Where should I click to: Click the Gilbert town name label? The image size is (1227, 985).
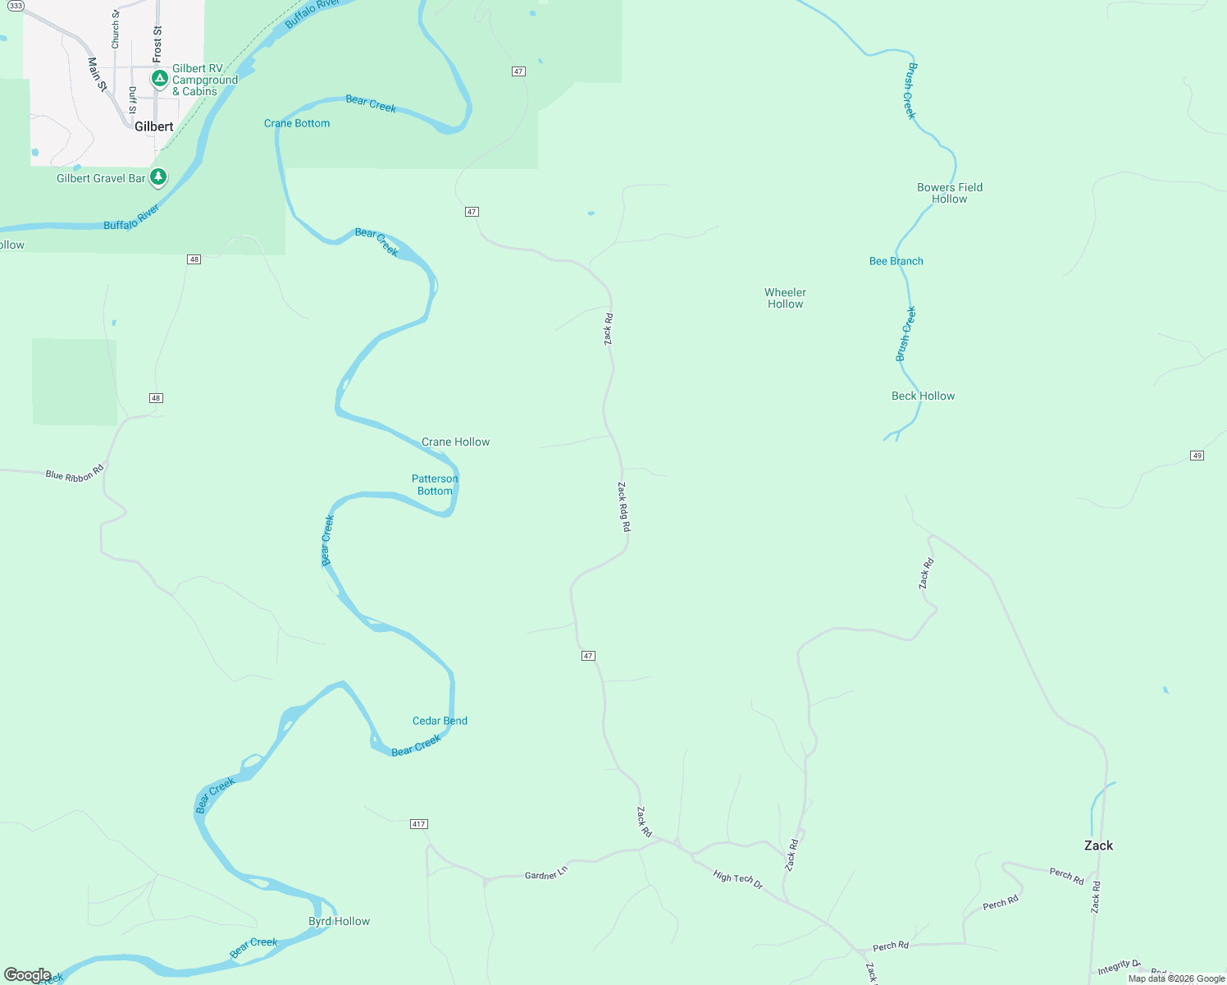(154, 126)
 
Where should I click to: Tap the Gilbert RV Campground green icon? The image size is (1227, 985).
(159, 79)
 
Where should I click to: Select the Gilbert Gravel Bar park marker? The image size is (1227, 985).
(158, 177)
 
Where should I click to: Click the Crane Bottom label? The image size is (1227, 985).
(297, 123)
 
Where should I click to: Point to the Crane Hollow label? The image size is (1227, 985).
(455, 442)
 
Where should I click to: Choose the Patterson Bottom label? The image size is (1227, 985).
(435, 485)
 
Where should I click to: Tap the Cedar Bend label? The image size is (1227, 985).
(440, 721)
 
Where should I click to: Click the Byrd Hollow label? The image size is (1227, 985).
(339, 921)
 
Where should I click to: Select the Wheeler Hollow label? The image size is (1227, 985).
(785, 298)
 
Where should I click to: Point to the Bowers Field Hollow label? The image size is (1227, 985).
(949, 193)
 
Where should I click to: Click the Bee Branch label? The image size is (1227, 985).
(896, 261)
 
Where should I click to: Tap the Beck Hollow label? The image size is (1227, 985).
(923, 396)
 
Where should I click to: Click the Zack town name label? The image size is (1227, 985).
(1098, 845)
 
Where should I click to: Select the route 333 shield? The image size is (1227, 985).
(16, 6)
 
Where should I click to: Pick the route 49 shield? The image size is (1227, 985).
(1197, 456)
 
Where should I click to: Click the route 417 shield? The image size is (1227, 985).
(418, 823)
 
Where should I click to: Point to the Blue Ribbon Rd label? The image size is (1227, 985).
(75, 474)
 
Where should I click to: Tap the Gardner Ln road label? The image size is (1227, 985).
(545, 874)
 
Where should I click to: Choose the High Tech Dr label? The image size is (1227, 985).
(737, 880)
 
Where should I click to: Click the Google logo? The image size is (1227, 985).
(28, 975)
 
